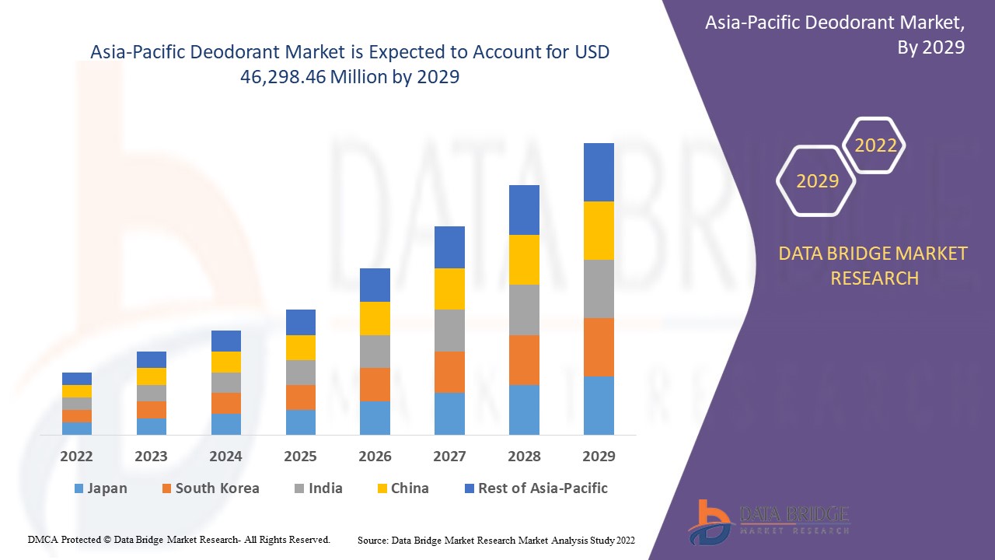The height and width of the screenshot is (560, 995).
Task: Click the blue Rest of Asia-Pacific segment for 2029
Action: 599,172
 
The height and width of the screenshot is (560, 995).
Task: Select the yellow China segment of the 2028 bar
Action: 524,259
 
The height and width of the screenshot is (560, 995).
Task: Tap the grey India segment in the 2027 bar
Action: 449,331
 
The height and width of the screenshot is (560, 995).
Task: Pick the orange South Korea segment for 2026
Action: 375,384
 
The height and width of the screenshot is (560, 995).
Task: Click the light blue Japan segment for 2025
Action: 301,422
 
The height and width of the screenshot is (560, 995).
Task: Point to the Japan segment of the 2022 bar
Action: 77,428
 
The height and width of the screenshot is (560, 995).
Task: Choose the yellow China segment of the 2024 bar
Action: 226,362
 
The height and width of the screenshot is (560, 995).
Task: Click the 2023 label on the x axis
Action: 151,457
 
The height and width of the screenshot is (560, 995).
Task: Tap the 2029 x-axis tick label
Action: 599,457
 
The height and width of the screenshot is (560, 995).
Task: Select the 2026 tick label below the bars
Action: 375,457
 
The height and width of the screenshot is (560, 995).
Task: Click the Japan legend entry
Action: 100,488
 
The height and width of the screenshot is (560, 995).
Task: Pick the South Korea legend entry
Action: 210,488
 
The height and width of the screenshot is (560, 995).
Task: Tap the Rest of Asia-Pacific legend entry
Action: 536,488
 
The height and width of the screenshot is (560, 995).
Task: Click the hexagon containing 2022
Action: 875,145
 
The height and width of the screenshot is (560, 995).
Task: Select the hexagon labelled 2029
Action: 817,181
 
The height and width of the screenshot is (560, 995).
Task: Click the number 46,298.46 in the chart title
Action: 284,77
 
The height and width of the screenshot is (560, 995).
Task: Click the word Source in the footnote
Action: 372,540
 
